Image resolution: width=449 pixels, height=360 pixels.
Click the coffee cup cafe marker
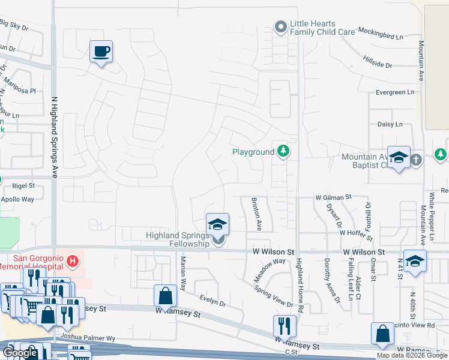[101, 51]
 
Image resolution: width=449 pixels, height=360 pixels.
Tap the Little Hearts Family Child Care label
[322, 28]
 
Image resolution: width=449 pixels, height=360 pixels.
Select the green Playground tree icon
[283, 151]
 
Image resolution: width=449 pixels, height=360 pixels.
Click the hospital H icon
[73, 261]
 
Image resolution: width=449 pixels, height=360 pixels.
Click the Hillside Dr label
[377, 61]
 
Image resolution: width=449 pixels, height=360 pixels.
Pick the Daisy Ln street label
[390, 124]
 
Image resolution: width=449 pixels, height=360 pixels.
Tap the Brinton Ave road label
[256, 214]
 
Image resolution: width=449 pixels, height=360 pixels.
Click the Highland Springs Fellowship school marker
[217, 224]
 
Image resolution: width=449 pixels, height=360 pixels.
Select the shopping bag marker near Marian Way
[165, 296]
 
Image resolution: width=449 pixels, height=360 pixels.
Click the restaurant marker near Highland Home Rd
[285, 326]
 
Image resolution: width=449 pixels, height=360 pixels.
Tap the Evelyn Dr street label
[212, 302]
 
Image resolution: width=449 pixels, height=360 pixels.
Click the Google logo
[21, 353]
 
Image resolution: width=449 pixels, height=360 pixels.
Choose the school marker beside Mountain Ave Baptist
[399, 158]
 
